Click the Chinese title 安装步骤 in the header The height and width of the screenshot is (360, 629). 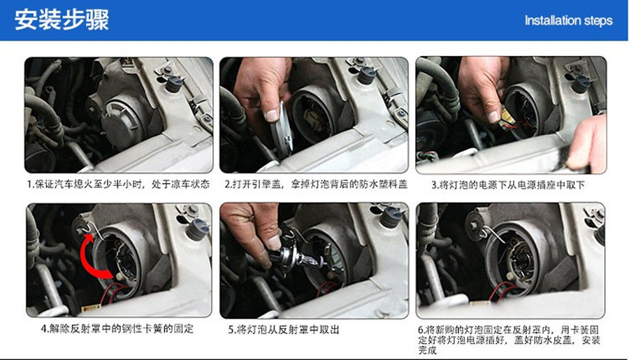click(x=62, y=20)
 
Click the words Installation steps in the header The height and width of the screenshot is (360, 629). click(x=568, y=20)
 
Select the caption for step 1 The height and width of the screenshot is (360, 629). click(x=118, y=185)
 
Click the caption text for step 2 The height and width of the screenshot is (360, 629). click(x=316, y=185)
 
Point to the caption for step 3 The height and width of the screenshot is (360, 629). click(x=508, y=185)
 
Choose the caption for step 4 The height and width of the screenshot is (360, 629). click(x=117, y=329)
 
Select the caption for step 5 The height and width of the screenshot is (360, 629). click(x=284, y=329)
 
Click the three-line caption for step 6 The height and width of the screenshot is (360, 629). click(x=509, y=340)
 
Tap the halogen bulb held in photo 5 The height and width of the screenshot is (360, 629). click(x=297, y=257)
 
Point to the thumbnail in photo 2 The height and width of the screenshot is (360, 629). click(x=272, y=115)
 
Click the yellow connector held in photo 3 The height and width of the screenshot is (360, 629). click(x=507, y=116)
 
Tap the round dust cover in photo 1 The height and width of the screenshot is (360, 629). click(x=120, y=118)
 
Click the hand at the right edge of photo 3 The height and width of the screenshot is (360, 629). click(x=587, y=143)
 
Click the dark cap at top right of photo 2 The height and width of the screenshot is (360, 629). click(x=367, y=75)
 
